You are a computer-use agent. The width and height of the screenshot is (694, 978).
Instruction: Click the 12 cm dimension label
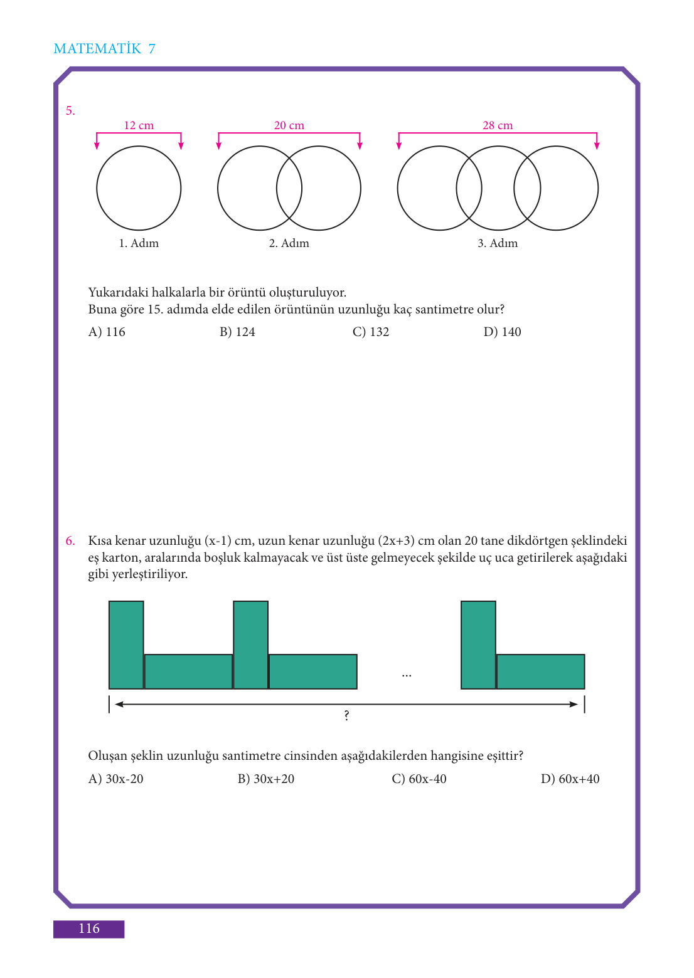point(139,125)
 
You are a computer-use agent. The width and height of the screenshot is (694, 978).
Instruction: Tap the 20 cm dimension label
point(289,125)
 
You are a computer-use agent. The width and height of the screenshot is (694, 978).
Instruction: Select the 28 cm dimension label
point(498,125)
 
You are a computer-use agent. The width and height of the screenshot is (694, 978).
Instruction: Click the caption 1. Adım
point(139,243)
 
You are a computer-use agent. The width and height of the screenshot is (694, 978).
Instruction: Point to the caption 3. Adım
point(498,243)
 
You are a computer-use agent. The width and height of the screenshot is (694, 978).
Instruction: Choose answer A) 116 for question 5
point(107,332)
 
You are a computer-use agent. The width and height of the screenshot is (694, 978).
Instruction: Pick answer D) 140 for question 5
point(502,332)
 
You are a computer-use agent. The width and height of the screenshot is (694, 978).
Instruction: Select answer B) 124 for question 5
point(237,332)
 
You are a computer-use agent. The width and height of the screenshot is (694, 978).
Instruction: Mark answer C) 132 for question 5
point(371,332)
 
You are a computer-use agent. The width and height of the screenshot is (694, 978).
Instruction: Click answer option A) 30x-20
point(116,779)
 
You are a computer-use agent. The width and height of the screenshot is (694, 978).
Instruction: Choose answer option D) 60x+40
point(570,779)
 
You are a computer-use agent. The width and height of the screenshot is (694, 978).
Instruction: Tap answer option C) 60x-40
point(419,779)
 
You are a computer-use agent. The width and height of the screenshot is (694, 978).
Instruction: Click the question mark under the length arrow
point(346,715)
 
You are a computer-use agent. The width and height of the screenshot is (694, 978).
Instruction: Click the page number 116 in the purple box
point(88,928)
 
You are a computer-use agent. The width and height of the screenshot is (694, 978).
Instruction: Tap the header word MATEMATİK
point(97,48)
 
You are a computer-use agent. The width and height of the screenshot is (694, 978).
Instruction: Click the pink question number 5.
point(70,111)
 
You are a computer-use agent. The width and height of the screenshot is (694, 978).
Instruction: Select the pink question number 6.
point(70,541)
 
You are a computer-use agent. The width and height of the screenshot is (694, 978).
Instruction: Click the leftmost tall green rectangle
point(126,645)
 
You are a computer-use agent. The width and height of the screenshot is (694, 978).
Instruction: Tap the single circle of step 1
point(97,188)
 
